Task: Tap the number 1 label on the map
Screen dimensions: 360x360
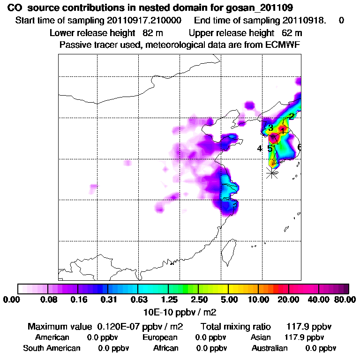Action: click(283, 130)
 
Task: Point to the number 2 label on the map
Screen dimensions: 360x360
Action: click(292, 116)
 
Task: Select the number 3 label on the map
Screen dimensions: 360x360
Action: click(270, 128)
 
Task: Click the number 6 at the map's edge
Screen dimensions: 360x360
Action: click(299, 148)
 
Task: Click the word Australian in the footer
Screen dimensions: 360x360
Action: click(270, 348)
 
